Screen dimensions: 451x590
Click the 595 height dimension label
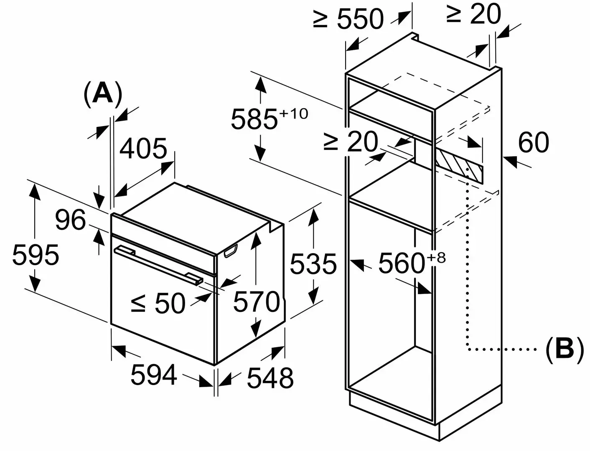[x=35, y=255]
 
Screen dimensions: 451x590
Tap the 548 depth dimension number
[x=270, y=378]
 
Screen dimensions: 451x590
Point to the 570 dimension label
[x=256, y=302]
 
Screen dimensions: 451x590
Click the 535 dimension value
[x=313, y=264]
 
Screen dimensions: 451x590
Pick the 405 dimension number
[x=143, y=149]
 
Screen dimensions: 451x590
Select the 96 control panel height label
[x=71, y=220]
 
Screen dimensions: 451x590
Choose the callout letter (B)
[x=564, y=348]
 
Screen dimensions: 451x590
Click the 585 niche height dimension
[x=255, y=119]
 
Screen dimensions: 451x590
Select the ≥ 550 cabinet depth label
[x=348, y=19]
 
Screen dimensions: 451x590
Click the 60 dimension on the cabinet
[x=533, y=142]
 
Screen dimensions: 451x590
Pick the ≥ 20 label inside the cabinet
[x=350, y=142]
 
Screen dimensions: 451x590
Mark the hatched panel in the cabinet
[x=459, y=165]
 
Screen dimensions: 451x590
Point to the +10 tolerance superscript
[x=293, y=113]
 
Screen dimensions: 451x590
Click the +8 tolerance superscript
[x=435, y=258]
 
